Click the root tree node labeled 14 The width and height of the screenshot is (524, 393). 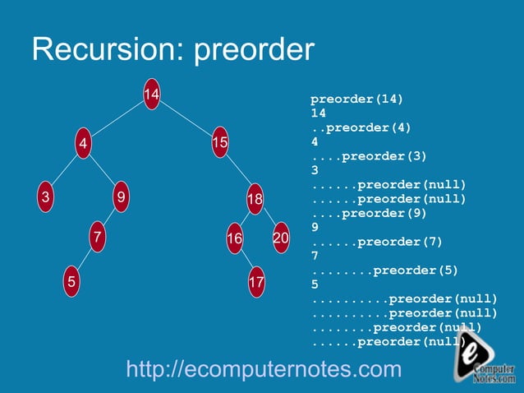pos(151,96)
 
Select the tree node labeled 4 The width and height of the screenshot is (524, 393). pos(82,145)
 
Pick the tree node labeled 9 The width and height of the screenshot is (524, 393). pos(121,197)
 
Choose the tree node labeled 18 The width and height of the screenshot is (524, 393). pos(255,200)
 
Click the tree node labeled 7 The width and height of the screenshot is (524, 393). pos(98,238)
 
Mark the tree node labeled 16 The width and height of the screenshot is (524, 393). pos(235,238)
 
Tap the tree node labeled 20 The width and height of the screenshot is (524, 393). pos(281,238)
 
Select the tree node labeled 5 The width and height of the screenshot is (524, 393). pos(72,281)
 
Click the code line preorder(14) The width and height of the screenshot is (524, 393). pos(356,99)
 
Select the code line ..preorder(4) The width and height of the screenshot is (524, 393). pos(361,127)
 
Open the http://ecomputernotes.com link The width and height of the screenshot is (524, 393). pos(264,369)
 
